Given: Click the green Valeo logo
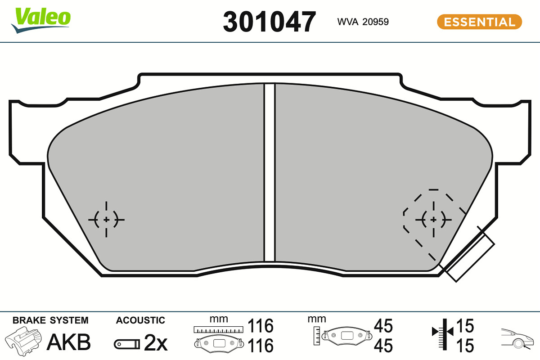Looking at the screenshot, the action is coord(40,20).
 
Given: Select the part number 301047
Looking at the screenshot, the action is coord(269,22).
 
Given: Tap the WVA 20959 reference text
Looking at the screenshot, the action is coord(363,22).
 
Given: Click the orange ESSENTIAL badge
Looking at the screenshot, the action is coord(480,22).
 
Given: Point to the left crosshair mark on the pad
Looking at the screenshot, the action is coord(106,220).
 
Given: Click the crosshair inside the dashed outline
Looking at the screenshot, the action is coord(433,220).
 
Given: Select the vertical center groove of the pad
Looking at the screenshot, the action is coord(270,172).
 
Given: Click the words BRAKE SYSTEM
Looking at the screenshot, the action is coord(50,320).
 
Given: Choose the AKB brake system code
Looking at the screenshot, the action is coord(69,342).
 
